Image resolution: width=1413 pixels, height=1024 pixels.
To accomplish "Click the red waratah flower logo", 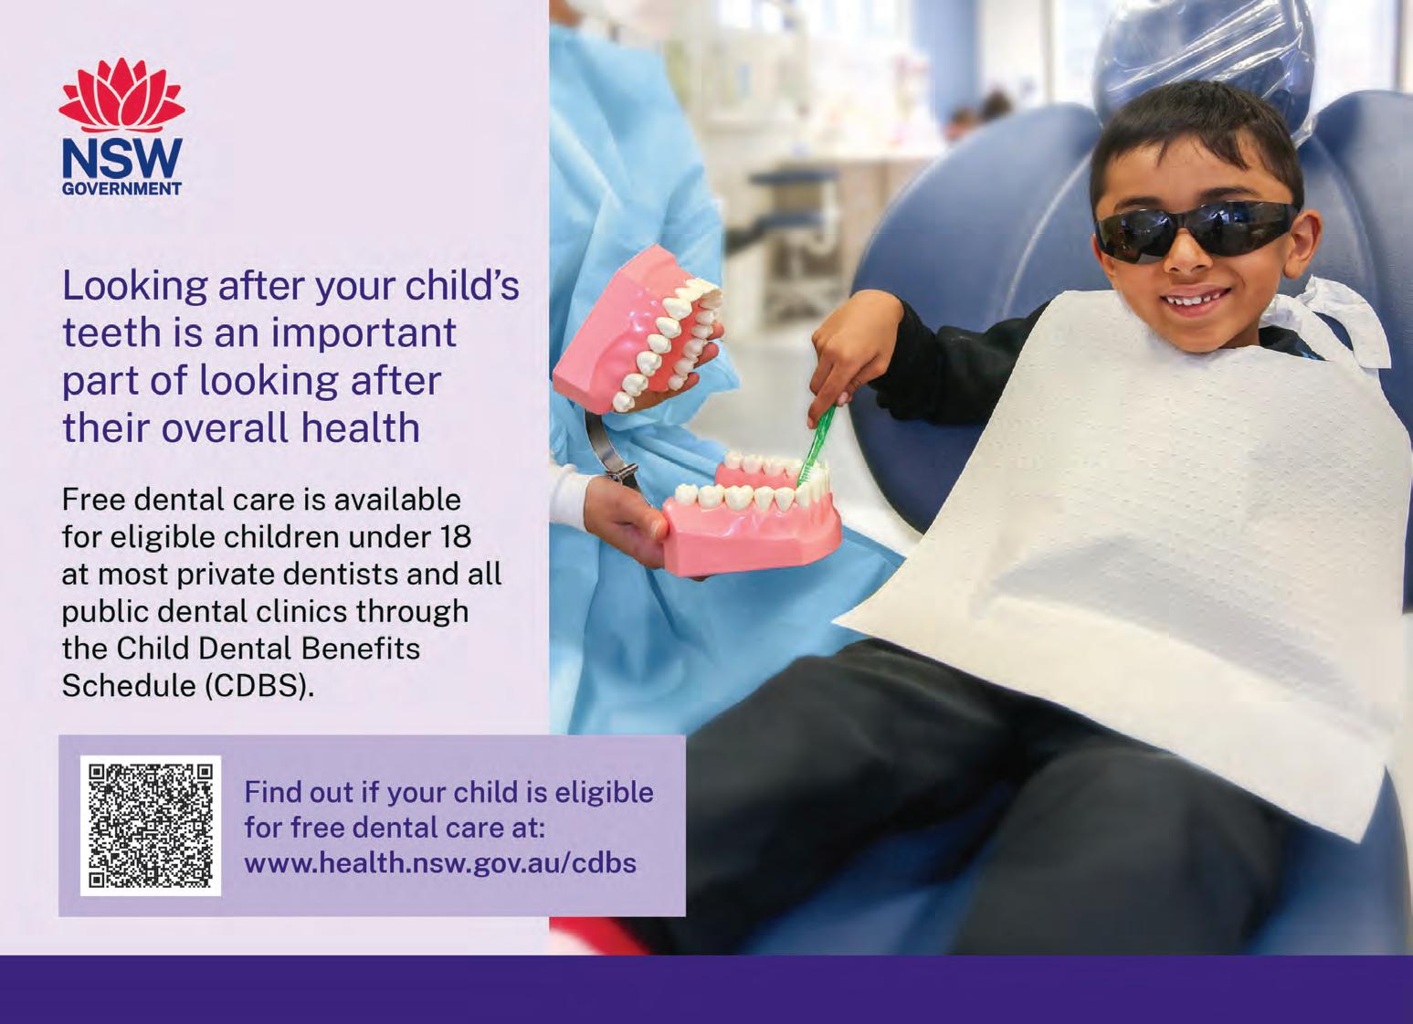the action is click(x=121, y=95).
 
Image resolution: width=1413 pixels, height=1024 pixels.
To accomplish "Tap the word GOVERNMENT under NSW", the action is click(x=121, y=189).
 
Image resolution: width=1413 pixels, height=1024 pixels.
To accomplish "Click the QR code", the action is click(x=151, y=825).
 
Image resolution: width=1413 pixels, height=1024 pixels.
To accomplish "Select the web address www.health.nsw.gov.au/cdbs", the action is click(x=439, y=862).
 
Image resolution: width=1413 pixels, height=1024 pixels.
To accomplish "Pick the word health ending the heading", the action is click(x=360, y=428).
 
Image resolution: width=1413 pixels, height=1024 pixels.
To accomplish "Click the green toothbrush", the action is click(x=817, y=444).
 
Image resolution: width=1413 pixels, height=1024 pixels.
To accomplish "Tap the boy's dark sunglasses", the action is click(x=1192, y=229).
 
